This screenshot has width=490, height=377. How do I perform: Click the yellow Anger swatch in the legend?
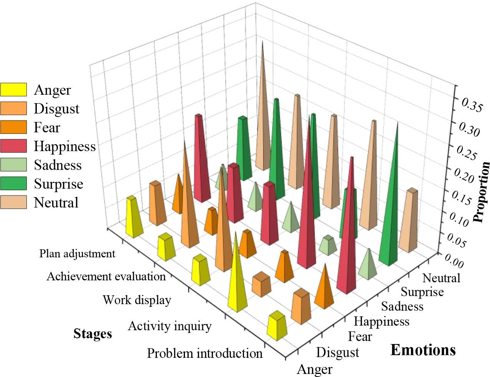[13, 90]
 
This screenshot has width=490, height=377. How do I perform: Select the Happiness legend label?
[64, 146]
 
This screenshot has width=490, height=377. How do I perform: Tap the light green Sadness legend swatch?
[13, 165]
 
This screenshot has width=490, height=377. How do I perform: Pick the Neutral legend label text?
[56, 202]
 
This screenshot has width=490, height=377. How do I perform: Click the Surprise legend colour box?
[13, 184]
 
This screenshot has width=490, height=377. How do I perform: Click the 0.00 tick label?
[455, 263]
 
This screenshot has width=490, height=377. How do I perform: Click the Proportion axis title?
[482, 192]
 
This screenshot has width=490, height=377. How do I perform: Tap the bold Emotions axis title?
[423, 350]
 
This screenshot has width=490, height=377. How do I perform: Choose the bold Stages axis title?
[92, 334]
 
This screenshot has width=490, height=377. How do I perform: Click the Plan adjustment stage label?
[77, 254]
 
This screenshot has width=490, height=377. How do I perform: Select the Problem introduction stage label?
[205, 353]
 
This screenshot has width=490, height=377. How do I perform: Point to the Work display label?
[137, 300]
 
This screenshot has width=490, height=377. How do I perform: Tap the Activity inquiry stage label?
[170, 326]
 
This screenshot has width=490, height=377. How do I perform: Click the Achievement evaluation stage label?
[106, 276]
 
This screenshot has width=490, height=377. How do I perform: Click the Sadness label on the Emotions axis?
[402, 306]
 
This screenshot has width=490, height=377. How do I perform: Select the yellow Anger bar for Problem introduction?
[277, 326]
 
